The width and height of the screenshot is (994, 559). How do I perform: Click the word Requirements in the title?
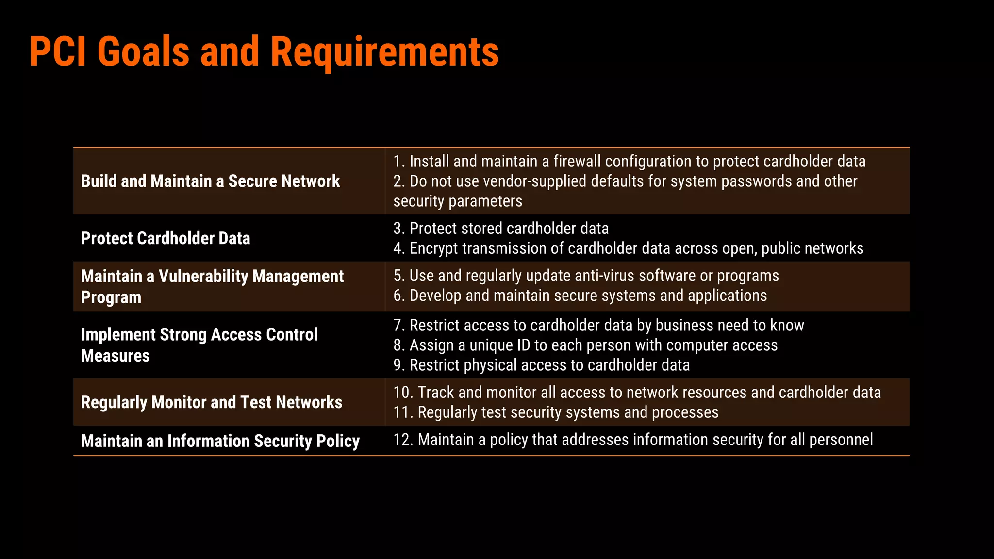384,52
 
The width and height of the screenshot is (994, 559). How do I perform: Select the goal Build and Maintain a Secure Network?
210,181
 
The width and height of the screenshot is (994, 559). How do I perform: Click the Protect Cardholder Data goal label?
166,239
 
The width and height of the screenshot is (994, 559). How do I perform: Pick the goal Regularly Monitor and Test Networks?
212,403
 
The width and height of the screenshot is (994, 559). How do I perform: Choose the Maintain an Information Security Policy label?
220,441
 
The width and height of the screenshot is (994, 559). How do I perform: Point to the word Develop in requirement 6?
435,296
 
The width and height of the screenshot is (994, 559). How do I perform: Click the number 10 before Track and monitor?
402,393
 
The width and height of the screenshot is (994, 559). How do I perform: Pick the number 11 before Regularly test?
402,412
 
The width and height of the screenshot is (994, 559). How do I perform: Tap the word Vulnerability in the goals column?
203,277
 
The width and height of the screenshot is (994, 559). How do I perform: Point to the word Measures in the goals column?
116,356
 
